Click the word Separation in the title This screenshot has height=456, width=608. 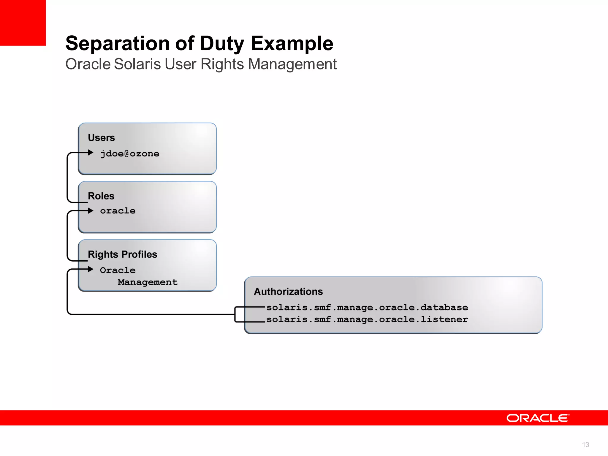(x=118, y=44)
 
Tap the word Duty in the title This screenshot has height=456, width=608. (x=222, y=44)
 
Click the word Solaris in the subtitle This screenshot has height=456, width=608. (x=137, y=64)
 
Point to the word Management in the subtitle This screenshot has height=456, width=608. (x=292, y=64)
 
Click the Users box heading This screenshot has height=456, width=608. (x=101, y=138)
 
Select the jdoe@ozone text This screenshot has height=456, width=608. (x=130, y=154)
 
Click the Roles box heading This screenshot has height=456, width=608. (x=101, y=196)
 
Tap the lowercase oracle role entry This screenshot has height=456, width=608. (x=118, y=211)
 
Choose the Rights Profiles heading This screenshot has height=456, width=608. (x=122, y=254)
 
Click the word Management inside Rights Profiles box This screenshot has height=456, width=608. (x=148, y=282)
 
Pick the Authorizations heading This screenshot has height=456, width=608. (x=288, y=292)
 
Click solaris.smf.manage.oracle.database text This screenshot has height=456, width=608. (x=367, y=308)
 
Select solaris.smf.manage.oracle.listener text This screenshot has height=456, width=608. (x=367, y=319)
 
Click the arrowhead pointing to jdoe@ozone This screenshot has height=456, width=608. (x=91, y=153)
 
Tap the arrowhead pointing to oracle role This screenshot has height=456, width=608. (x=91, y=211)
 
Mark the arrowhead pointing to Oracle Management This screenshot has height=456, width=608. (x=91, y=269)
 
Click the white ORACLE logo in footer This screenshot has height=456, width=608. (x=538, y=418)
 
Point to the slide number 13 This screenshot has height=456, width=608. (x=585, y=444)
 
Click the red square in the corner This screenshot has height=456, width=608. (x=23, y=23)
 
